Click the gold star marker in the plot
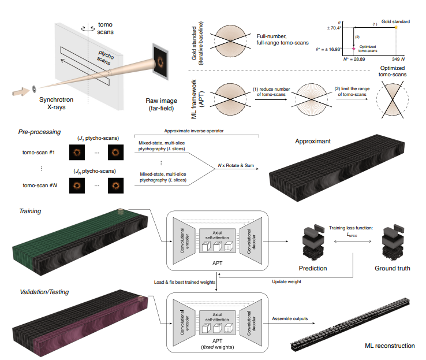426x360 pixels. point(396,27)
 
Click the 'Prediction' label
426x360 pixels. point(312,268)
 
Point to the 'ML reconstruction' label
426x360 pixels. point(390,346)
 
